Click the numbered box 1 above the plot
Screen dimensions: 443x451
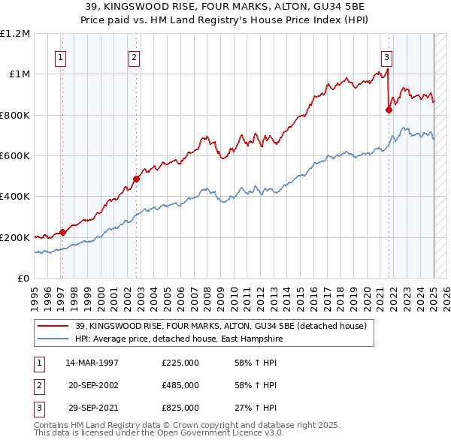pyautogui.click(x=59, y=57)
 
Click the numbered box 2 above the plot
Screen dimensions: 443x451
pyautogui.click(x=133, y=57)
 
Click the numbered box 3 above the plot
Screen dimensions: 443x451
pyautogui.click(x=386, y=57)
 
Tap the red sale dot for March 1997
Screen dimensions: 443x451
pyautogui.click(x=63, y=232)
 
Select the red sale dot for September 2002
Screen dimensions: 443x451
pyautogui.click(x=137, y=179)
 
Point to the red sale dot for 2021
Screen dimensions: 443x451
pyautogui.click(x=389, y=110)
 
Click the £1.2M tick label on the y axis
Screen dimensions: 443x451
pyautogui.click(x=15, y=34)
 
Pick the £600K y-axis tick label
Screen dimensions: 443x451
pyautogui.click(x=15, y=156)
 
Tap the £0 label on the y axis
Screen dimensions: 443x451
pyautogui.click(x=23, y=279)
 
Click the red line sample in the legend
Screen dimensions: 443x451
pyautogui.click(x=53, y=326)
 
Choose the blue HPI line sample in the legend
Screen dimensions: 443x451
pyautogui.click(x=53, y=339)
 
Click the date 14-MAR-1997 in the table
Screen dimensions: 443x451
pyautogui.click(x=92, y=363)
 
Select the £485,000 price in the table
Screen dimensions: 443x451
pyautogui.click(x=180, y=385)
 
